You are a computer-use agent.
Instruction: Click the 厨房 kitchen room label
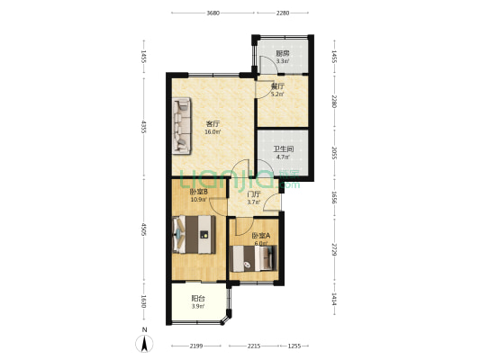click(283, 54)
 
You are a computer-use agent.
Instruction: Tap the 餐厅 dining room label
click(278, 87)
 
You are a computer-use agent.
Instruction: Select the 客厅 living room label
click(213, 124)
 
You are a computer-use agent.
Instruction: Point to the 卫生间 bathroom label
click(284, 149)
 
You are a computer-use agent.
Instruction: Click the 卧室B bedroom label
click(198, 191)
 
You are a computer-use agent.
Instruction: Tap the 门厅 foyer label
click(254, 194)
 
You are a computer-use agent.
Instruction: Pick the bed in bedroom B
click(195, 239)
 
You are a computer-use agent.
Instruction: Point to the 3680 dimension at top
click(213, 13)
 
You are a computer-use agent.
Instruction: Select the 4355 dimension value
click(143, 127)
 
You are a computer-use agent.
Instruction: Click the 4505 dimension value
click(143, 231)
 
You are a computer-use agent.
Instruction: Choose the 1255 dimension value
click(294, 346)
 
